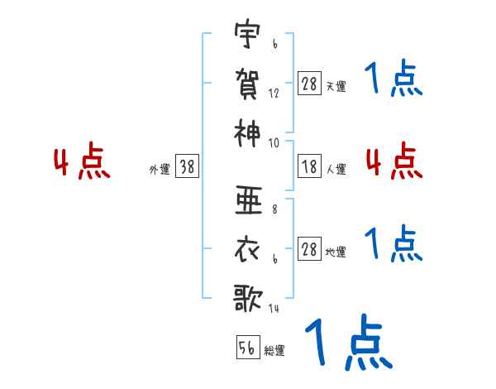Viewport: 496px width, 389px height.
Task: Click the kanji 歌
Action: (248, 296)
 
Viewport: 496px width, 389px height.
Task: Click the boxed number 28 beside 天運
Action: (309, 84)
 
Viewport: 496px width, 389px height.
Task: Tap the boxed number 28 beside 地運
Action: (309, 249)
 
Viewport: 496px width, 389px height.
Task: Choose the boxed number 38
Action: (187, 167)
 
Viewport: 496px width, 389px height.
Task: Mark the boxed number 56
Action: (246, 348)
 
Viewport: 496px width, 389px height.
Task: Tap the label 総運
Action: (275, 350)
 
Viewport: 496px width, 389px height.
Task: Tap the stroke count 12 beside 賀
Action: (274, 94)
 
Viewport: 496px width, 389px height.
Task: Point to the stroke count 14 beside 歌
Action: (274, 309)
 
